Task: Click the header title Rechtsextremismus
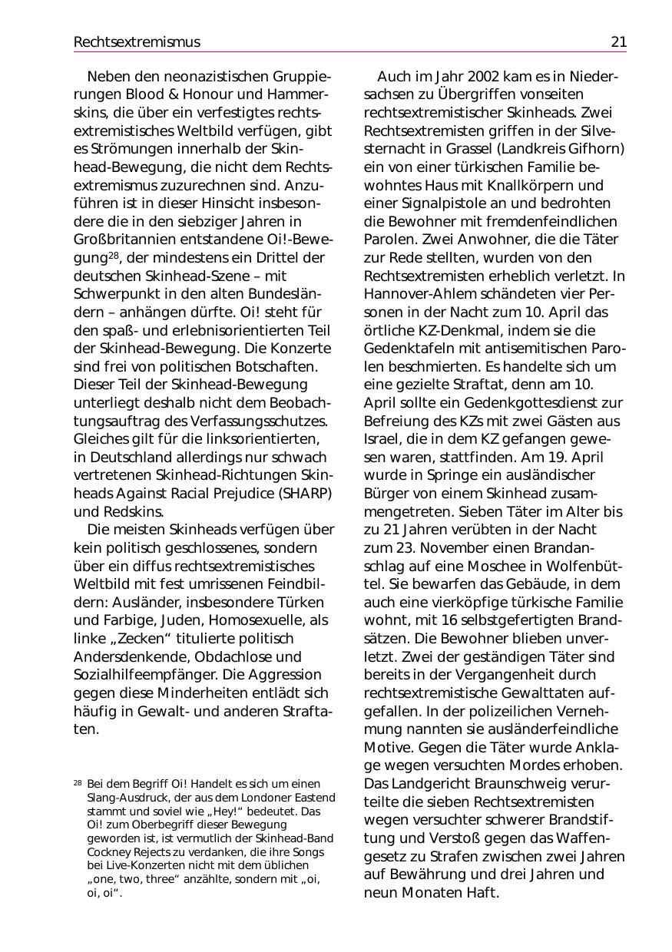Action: tap(137, 42)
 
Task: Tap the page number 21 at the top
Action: tap(618, 42)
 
